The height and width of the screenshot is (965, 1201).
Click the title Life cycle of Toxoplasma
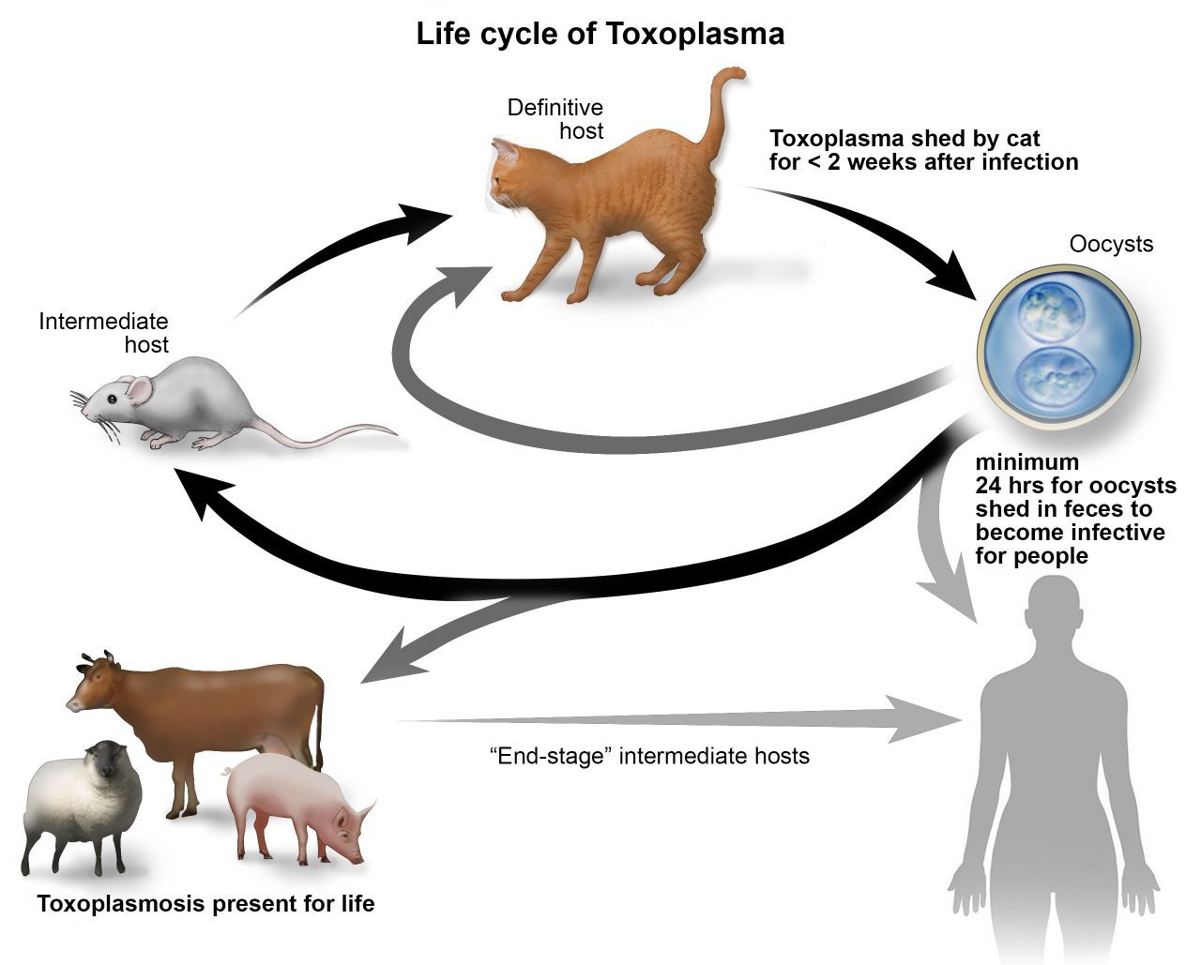(x=600, y=34)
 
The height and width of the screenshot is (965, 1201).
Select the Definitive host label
(x=555, y=119)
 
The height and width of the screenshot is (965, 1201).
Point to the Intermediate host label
(x=104, y=333)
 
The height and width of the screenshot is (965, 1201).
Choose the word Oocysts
(x=1111, y=245)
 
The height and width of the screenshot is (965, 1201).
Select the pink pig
(x=296, y=807)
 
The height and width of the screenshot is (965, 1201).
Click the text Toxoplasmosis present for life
(x=205, y=904)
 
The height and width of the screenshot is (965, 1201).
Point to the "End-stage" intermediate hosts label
(x=649, y=755)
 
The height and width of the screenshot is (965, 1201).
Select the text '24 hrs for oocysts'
(x=1075, y=486)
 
